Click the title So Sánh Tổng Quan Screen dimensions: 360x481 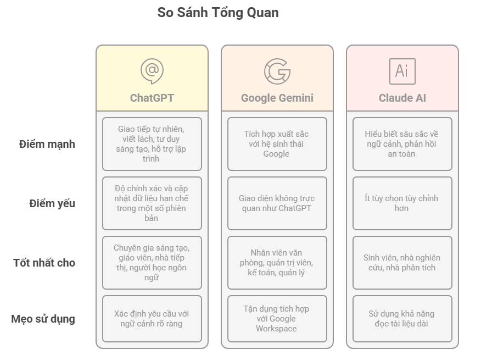(x=218, y=13)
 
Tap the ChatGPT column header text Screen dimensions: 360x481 (x=152, y=98)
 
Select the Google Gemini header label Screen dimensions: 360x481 (x=277, y=98)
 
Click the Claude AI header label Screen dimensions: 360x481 (x=402, y=98)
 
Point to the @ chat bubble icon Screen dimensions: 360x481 (x=152, y=71)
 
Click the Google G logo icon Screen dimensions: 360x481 (x=277, y=71)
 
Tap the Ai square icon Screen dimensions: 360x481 (x=402, y=71)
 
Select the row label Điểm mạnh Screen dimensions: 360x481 (x=47, y=145)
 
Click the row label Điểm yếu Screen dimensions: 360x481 (x=52, y=204)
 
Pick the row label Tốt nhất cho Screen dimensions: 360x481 (x=44, y=263)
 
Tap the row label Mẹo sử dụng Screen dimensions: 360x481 (x=43, y=319)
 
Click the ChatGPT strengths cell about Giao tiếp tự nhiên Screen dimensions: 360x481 (x=152, y=144)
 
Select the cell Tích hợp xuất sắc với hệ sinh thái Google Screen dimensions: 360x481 (x=277, y=144)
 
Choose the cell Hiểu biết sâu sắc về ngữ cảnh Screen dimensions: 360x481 (x=402, y=144)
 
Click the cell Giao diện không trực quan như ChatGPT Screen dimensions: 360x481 (x=277, y=203)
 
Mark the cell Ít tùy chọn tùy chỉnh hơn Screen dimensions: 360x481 (x=402, y=203)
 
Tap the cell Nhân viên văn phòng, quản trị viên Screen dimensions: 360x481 (x=277, y=263)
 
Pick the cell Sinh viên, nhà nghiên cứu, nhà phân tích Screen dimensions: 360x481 (x=402, y=263)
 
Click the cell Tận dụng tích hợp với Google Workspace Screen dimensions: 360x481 (x=277, y=319)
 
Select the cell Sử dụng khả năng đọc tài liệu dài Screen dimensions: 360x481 (x=402, y=319)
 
